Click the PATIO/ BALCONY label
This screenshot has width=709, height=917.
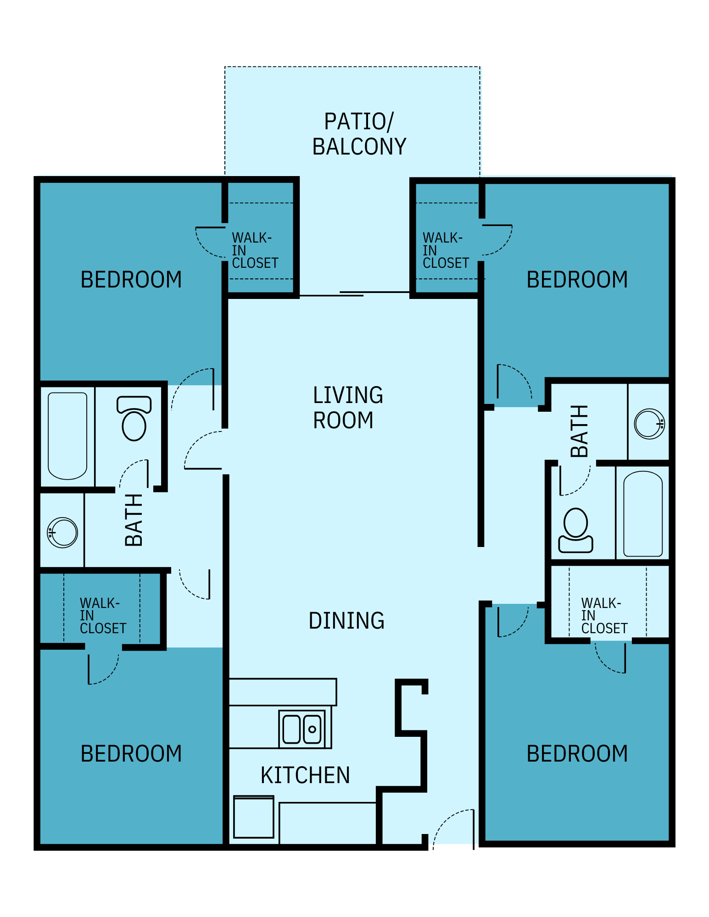(x=359, y=134)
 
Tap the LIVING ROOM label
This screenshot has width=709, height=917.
(x=347, y=407)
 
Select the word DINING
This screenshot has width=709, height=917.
(x=346, y=620)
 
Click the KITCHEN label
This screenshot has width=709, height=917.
(x=305, y=775)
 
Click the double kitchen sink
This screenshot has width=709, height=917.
(x=302, y=729)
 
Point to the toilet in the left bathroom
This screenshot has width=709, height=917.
(x=134, y=418)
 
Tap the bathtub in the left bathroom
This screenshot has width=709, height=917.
(x=67, y=436)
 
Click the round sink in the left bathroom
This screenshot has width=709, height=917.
(x=63, y=532)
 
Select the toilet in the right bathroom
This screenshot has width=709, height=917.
(x=575, y=530)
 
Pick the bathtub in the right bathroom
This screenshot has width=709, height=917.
(x=642, y=514)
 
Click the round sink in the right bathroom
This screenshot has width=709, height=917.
(x=649, y=423)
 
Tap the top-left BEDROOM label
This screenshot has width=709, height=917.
(x=131, y=280)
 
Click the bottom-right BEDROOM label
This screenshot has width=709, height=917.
(x=577, y=754)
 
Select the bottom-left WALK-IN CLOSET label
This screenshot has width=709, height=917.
(x=102, y=615)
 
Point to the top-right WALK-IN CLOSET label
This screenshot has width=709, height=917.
(x=445, y=250)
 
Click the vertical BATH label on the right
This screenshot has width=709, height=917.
(x=579, y=431)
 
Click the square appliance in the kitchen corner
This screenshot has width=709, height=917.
(x=253, y=818)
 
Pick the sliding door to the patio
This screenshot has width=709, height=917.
(x=353, y=293)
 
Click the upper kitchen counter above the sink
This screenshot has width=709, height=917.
(x=283, y=692)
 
